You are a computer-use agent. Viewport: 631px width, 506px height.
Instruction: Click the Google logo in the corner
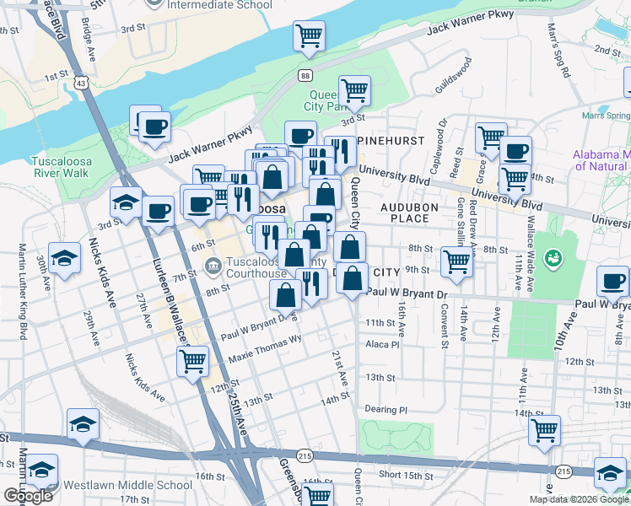coord(28,496)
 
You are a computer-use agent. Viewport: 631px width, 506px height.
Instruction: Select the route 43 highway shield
coord(80,83)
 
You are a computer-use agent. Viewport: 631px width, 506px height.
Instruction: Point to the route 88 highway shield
coord(304,76)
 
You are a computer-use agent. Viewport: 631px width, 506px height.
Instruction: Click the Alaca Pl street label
coord(380,344)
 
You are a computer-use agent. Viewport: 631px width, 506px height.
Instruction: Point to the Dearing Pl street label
coord(386,410)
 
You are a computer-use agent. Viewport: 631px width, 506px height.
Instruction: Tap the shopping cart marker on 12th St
coord(193,360)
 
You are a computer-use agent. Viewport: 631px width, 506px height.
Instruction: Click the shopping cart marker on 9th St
coord(456,261)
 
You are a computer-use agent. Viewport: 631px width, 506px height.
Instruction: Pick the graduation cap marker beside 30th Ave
coord(64,258)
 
